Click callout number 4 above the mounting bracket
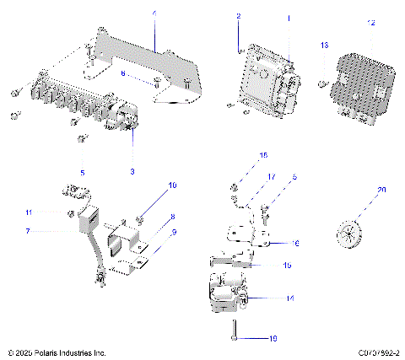tap(154, 13)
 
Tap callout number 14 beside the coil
tap(289, 298)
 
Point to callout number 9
tap(174, 233)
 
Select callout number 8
tap(172, 218)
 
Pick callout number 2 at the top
tap(239, 17)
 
